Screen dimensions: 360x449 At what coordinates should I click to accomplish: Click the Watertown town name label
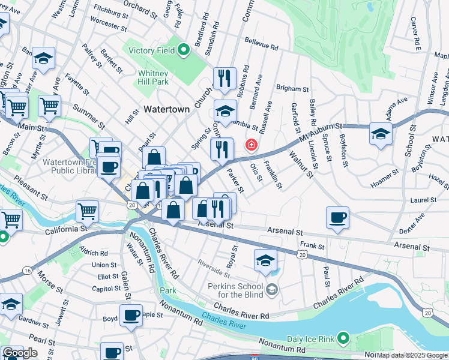(166, 110)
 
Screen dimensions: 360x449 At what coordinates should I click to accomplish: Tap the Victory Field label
(151, 51)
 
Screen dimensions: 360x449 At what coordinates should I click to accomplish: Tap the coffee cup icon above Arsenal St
(338, 217)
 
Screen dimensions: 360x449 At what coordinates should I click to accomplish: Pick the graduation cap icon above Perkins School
(265, 260)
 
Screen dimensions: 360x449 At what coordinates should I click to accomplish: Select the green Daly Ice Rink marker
(343, 339)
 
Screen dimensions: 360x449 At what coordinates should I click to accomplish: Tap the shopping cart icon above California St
(87, 211)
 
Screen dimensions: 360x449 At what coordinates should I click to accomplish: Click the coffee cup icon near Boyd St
(131, 315)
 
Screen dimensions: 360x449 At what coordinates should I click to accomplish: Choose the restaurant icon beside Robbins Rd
(224, 78)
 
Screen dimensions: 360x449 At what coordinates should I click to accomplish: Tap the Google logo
(20, 353)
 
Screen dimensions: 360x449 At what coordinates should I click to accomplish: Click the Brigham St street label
(292, 88)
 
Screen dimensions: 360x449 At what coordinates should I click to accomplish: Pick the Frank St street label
(312, 245)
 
